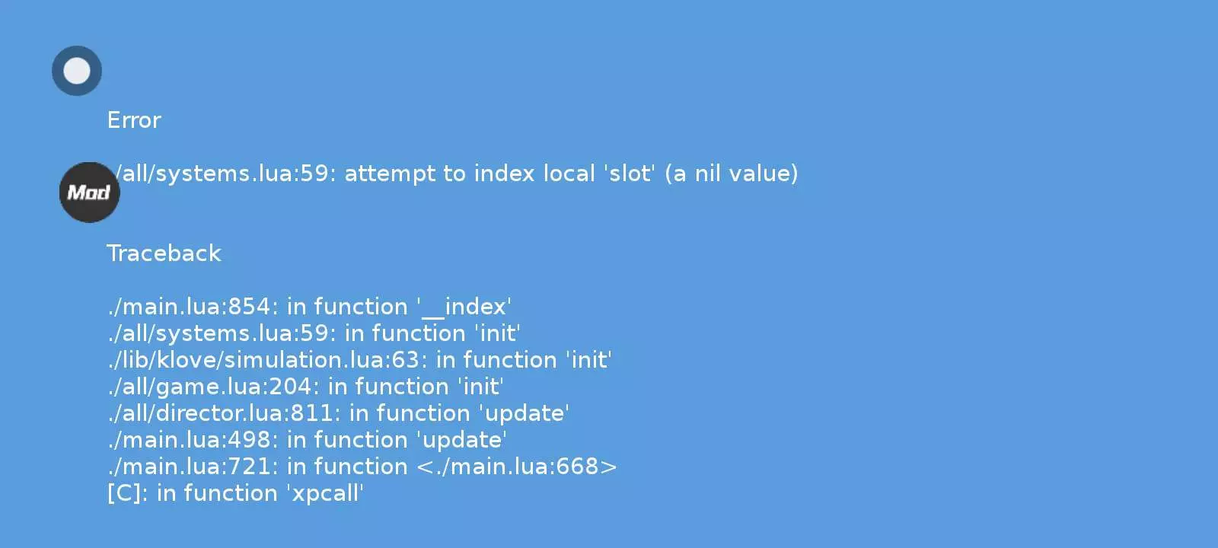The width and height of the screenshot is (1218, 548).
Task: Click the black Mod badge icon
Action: tap(89, 192)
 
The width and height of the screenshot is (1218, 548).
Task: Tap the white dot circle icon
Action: tap(77, 71)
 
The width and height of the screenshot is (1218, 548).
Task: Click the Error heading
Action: tap(134, 120)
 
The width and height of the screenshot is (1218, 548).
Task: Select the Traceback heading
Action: tap(164, 253)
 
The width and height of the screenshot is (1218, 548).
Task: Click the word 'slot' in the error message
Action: tap(630, 174)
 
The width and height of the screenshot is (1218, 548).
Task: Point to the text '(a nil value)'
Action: tap(731, 174)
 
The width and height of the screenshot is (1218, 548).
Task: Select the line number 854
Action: tap(248, 307)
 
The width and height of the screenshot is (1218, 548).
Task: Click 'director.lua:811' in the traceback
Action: tap(244, 413)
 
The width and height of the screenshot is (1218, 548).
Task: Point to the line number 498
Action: tap(248, 440)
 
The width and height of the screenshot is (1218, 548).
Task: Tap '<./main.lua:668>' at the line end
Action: tap(517, 467)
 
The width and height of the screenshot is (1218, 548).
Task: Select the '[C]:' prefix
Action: tap(127, 494)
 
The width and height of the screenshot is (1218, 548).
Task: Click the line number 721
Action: tap(248, 467)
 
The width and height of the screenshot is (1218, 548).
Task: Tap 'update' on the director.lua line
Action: tap(524, 414)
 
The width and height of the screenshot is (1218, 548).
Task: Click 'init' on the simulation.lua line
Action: tap(588, 360)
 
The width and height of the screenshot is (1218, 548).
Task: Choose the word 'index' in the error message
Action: tap(504, 174)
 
